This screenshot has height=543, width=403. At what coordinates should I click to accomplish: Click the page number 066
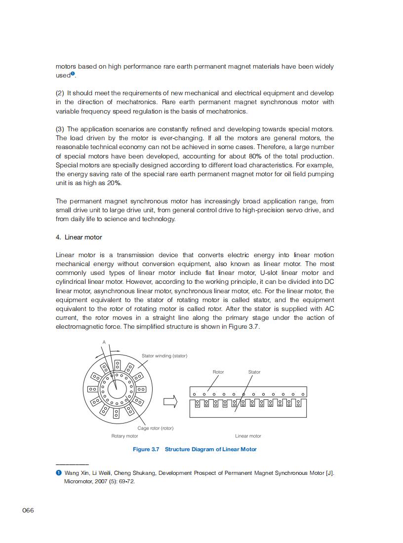tap(28, 510)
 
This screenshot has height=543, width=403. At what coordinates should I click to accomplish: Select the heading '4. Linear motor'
tap(79, 237)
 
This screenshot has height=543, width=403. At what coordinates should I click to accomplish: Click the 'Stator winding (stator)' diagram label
tap(164, 355)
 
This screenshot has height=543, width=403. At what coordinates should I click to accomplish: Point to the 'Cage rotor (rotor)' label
tap(155, 428)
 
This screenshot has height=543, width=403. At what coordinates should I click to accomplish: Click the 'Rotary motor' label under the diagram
tap(124, 436)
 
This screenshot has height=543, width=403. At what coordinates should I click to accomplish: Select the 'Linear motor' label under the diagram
tap(248, 436)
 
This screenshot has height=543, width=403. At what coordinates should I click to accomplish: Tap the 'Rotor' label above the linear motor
tap(218, 372)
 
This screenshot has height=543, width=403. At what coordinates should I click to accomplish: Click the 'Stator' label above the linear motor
tap(254, 372)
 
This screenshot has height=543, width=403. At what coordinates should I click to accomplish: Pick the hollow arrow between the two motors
tap(170, 402)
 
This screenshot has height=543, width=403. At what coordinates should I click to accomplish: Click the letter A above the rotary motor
tap(104, 342)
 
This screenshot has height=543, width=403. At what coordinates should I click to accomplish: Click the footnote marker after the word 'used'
tap(73, 74)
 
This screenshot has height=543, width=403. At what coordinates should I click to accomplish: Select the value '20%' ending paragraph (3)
tap(114, 183)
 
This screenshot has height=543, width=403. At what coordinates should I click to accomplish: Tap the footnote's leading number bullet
tap(58, 473)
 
